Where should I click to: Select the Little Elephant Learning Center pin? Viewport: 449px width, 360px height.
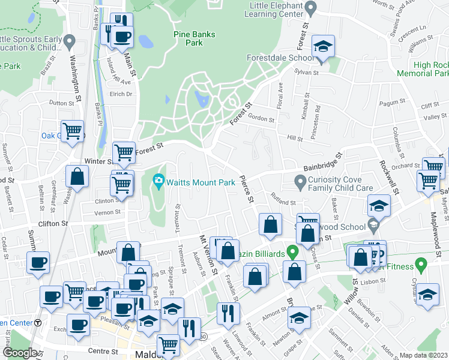click(x=310, y=8)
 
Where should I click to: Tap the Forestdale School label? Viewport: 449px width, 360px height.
click(x=280, y=58)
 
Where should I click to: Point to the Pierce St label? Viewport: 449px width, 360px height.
click(x=246, y=188)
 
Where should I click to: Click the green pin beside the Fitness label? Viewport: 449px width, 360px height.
click(x=421, y=263)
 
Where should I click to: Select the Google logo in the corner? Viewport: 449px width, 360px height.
click(x=20, y=353)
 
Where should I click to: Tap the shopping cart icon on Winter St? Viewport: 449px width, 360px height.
click(x=124, y=153)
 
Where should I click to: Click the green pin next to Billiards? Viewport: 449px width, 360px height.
click(x=292, y=250)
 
